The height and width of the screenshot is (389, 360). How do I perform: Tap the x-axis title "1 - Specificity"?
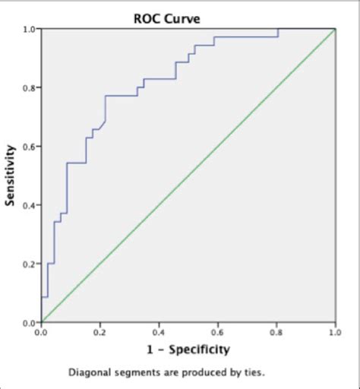(x=188, y=349)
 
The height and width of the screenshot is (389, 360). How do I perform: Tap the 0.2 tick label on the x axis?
(x=100, y=332)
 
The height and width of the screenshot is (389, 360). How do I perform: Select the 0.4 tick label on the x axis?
(x=159, y=332)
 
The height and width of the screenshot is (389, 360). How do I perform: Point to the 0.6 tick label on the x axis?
(x=217, y=332)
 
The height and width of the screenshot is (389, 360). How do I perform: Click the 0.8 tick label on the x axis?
(x=276, y=332)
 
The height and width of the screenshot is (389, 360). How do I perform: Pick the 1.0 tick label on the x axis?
(x=334, y=332)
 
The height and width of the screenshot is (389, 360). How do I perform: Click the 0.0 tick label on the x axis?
(x=42, y=332)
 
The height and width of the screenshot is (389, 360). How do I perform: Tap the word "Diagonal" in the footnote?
(x=88, y=373)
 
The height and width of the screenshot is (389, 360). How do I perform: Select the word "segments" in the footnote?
(x=134, y=373)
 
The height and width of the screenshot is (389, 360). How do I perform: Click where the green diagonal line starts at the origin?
(x=43, y=321)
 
